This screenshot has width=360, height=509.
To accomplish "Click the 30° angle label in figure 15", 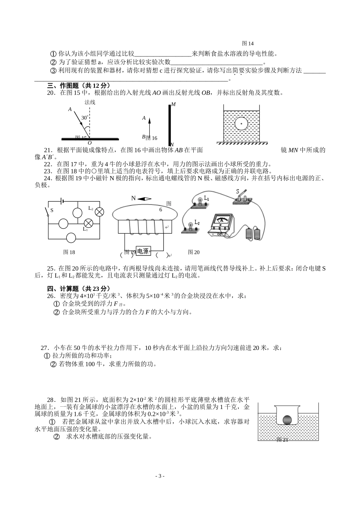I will pos(85,118).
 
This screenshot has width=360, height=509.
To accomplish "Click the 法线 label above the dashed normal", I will pos(90,102).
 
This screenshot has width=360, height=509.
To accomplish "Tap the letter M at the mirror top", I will pos(173,104).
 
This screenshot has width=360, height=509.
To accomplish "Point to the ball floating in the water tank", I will pos(241,123).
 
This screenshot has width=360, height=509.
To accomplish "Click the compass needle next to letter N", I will pos(144,199).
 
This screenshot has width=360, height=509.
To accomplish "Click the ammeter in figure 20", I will pos(221,225).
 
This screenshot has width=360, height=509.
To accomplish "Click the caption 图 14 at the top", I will pos(247,44).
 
